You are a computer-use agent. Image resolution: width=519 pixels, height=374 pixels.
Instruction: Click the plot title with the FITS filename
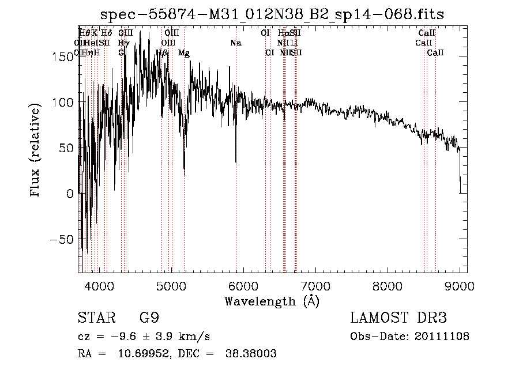click(x=272, y=14)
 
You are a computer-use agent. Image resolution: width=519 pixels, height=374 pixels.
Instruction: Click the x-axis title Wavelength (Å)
click(x=272, y=301)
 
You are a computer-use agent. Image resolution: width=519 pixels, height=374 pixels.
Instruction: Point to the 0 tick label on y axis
click(x=70, y=194)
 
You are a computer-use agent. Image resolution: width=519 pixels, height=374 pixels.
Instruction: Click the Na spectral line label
click(x=235, y=43)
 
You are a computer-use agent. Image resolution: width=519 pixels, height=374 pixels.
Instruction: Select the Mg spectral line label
click(x=184, y=53)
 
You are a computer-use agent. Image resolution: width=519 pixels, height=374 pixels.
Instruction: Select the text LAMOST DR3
click(x=398, y=318)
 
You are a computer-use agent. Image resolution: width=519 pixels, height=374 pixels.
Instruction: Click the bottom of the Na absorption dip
click(x=236, y=163)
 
